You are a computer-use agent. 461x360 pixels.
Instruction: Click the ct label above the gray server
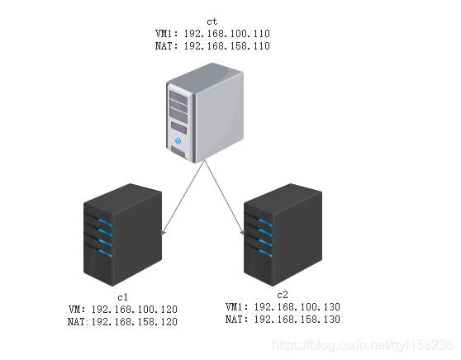point(212,21)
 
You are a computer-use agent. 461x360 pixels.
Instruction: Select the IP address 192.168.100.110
point(226,34)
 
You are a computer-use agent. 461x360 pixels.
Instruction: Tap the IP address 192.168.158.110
point(226,46)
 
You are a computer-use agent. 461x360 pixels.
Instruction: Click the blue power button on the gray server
point(178,141)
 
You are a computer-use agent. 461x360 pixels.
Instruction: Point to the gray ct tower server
point(205,113)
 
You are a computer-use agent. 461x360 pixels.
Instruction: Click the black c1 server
point(122,234)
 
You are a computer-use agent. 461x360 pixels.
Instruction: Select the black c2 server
point(283,234)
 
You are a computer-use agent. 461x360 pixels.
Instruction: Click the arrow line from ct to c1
point(183,197)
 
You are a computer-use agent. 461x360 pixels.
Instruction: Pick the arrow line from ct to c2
point(225,197)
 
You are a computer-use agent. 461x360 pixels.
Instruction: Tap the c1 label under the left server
point(122,297)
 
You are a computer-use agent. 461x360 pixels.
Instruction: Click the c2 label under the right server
point(283,295)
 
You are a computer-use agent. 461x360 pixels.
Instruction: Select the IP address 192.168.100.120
point(135,310)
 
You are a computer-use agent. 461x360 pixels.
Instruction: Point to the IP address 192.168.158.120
point(135,322)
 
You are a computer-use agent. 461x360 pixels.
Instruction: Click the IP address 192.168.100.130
point(297,307)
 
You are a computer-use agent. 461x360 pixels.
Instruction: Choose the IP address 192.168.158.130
point(297,320)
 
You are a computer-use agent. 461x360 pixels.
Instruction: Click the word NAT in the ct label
point(164,46)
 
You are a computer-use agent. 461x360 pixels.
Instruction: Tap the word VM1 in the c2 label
point(235,307)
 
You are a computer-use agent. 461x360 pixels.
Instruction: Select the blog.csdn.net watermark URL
point(363,345)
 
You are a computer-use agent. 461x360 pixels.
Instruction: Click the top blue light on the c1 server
point(106,222)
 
